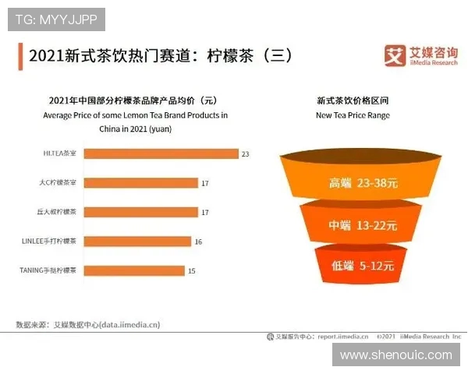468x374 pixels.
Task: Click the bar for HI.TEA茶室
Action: [159, 153]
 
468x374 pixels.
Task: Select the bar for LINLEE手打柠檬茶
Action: [136, 242]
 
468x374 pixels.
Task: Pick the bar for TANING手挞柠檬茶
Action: [133, 270]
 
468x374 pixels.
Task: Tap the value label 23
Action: [245, 154]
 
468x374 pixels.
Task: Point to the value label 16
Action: [198, 242]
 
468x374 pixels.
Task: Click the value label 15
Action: [192, 270]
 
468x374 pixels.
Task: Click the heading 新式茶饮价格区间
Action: [353, 101]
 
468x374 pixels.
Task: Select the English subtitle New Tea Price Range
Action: [353, 115]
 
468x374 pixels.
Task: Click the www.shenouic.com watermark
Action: [396, 355]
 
